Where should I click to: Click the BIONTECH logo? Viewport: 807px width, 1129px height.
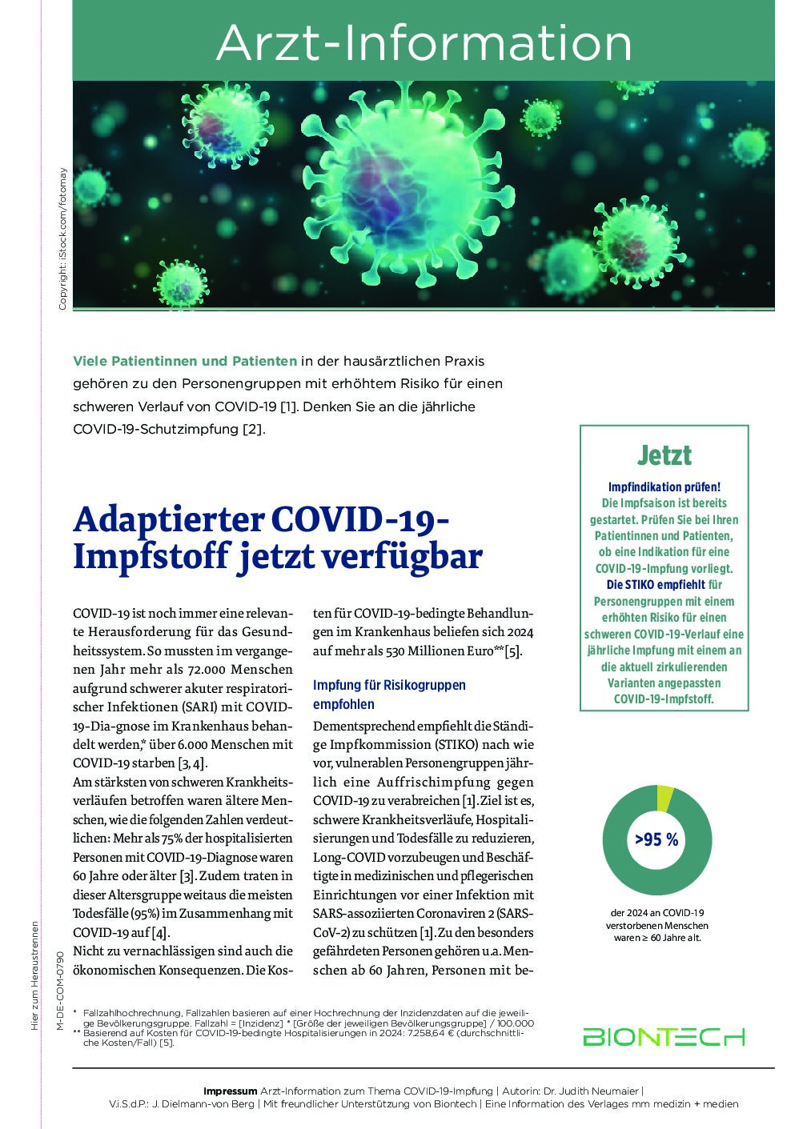pos(664,1037)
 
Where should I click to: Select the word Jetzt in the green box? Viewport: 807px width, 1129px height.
pos(664,455)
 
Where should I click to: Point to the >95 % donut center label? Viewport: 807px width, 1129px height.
pos(656,839)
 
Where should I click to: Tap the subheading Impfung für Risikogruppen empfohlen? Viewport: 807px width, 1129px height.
pos(389,695)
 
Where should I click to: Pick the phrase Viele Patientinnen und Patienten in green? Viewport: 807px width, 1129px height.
pos(185,361)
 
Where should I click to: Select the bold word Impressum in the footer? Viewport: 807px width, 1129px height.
pos(231,1091)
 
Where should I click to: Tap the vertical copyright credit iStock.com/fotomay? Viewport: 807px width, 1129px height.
pos(62,238)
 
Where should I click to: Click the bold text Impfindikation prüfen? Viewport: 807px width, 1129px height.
pos(664,486)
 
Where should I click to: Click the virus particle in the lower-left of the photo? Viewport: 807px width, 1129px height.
pos(181,282)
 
